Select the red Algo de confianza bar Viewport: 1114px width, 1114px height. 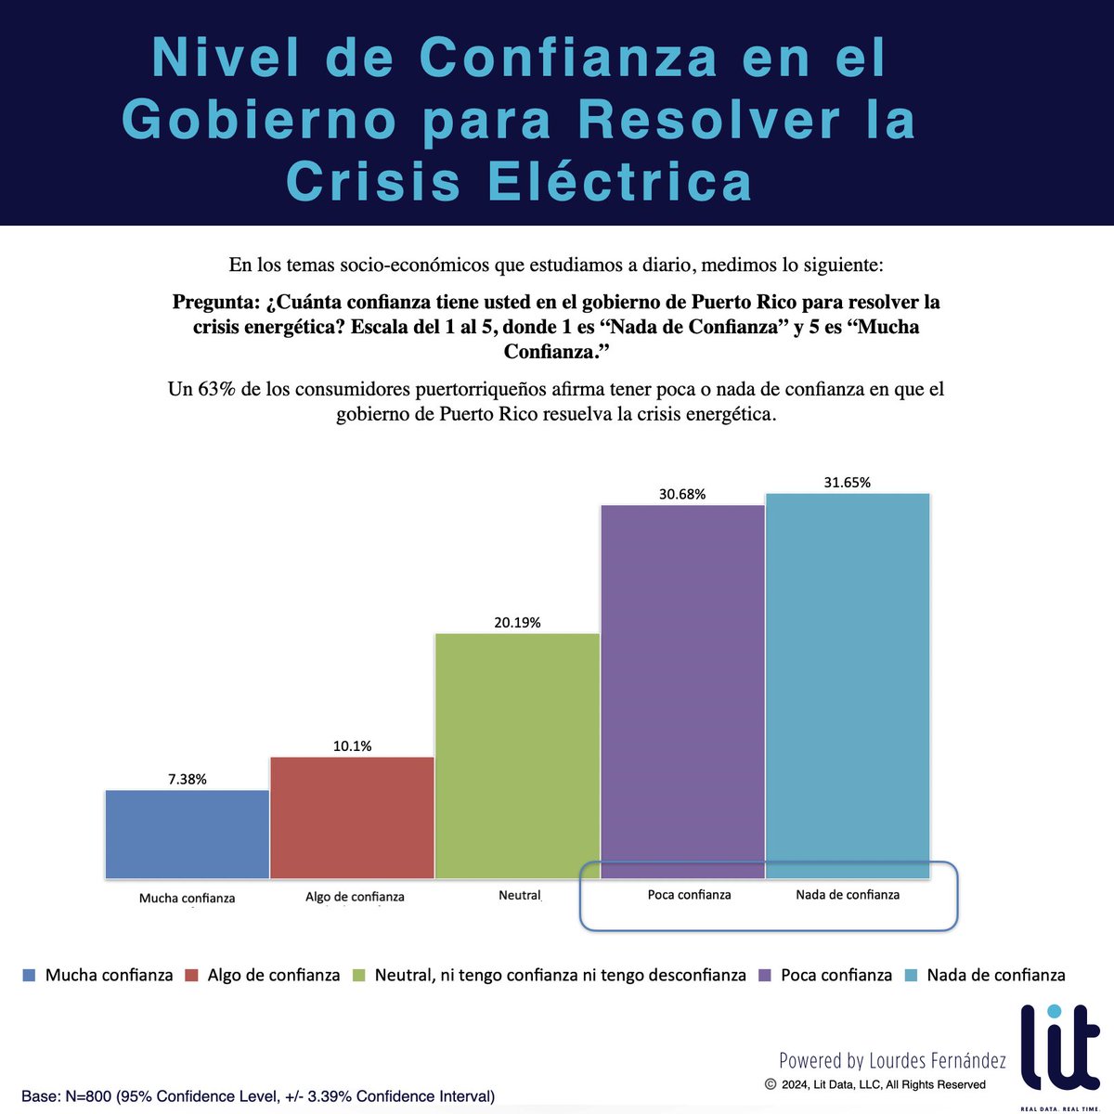tap(352, 817)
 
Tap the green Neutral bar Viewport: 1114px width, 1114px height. tap(517, 756)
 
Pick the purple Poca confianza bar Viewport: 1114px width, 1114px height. tap(682, 692)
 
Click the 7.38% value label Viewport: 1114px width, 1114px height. tap(188, 780)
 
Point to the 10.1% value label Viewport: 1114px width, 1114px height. tap(353, 746)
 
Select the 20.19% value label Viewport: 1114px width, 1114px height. tap(517, 623)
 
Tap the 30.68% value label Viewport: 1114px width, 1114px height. tap(682, 495)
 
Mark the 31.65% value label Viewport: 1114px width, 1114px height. tap(848, 483)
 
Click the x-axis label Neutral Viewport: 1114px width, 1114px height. tap(520, 895)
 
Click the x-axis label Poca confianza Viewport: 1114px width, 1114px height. tap(690, 895)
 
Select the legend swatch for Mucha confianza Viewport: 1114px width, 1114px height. tap(29, 976)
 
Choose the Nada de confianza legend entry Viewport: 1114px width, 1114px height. tap(995, 976)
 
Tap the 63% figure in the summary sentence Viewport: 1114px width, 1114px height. tap(216, 389)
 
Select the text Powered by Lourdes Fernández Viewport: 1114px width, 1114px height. tap(892, 1060)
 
